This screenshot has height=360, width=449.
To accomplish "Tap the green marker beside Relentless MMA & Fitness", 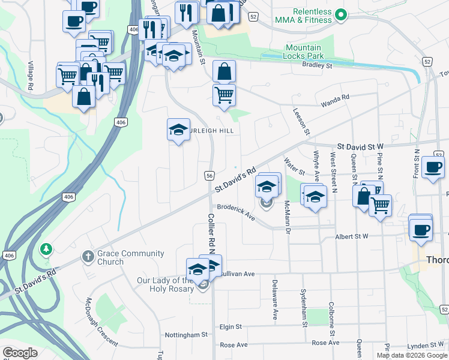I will [341, 13].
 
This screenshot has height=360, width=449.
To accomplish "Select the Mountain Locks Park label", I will [304, 52].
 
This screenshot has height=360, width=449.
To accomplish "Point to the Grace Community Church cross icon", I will [88, 257].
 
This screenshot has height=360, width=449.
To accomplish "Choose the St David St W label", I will [360, 146].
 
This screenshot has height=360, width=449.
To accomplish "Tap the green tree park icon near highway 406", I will [46, 248].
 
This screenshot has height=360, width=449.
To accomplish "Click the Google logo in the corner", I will [20, 353].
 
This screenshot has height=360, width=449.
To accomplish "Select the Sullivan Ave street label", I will [238, 274].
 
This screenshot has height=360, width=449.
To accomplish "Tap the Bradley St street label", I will [317, 65].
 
